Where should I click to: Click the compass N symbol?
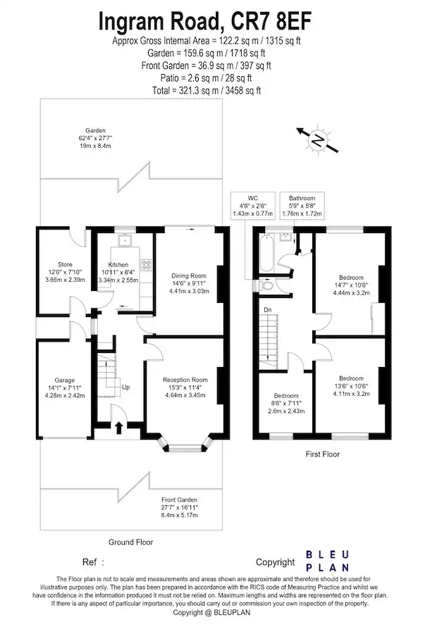click(x=318, y=141)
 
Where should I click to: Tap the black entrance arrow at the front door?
click(x=119, y=428)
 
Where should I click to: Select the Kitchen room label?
click(x=118, y=264)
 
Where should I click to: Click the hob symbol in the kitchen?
click(x=146, y=264)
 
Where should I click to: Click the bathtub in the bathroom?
click(x=266, y=253)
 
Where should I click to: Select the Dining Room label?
click(x=189, y=276)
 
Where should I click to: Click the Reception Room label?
click(x=185, y=380)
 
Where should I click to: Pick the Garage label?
click(x=65, y=380)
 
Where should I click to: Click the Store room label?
click(x=65, y=264)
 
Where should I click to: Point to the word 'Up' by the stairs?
click(x=126, y=387)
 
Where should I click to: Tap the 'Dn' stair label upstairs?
click(x=268, y=310)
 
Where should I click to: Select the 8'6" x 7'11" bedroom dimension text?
click(x=286, y=403)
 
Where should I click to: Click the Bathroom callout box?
click(x=302, y=206)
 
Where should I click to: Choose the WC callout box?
click(x=253, y=206)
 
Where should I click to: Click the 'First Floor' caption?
click(x=323, y=454)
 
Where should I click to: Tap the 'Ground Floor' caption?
click(x=130, y=542)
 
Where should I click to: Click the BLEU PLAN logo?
click(x=327, y=561)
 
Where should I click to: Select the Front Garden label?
click(x=179, y=499)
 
